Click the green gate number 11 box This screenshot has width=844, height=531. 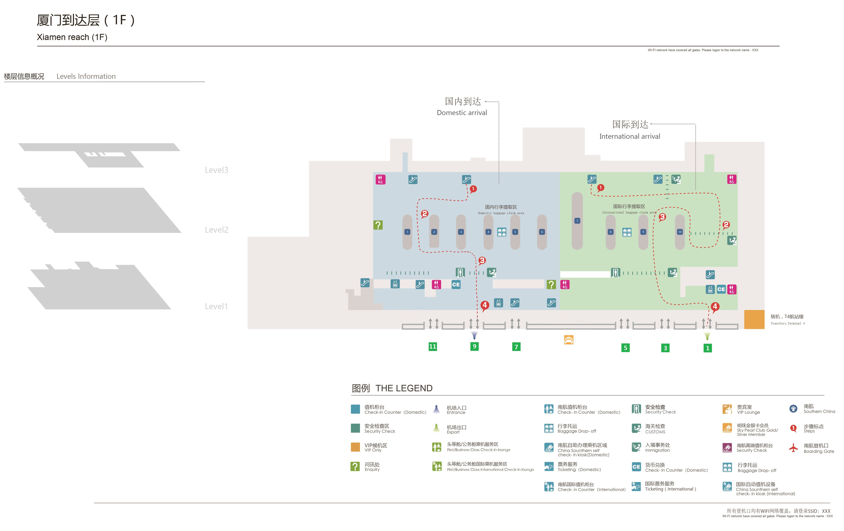tap(433, 347)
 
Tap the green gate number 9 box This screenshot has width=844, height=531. tap(475, 347)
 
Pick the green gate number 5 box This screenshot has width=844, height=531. tap(625, 348)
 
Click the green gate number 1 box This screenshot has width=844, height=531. tap(708, 348)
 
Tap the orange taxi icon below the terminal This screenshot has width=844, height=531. tap(569, 340)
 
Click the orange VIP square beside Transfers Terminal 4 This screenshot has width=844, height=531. tap(754, 319)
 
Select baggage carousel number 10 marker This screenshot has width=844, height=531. tap(680, 232)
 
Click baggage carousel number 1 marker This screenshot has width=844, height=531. tap(407, 232)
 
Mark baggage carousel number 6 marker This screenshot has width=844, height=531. tap(542, 232)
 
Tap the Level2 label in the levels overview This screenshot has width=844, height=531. tap(217, 230)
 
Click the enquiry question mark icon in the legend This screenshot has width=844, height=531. tap(355, 466)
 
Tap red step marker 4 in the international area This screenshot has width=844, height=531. tap(715, 307)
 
